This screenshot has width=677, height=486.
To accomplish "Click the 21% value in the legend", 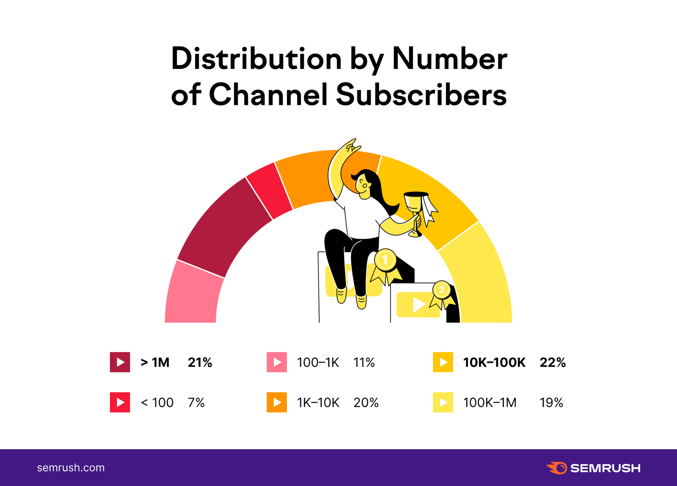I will click(200, 363).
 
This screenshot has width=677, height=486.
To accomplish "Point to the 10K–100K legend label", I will click(494, 363).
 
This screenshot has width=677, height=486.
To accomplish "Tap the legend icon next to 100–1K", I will click(277, 362).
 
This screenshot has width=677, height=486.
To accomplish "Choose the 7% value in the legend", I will click(196, 403).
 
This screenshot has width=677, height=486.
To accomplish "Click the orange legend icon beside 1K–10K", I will click(277, 402).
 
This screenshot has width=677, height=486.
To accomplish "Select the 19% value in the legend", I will click(551, 403).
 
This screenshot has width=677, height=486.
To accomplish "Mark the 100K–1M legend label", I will click(490, 403).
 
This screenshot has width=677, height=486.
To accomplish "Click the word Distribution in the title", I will click(256, 59).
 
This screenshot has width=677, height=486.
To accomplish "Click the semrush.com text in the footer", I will click(71, 468).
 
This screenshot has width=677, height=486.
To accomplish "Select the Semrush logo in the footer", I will click(593, 468).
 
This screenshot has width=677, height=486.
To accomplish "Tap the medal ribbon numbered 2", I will click(442, 294).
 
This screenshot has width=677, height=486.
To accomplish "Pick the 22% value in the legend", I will click(553, 363).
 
